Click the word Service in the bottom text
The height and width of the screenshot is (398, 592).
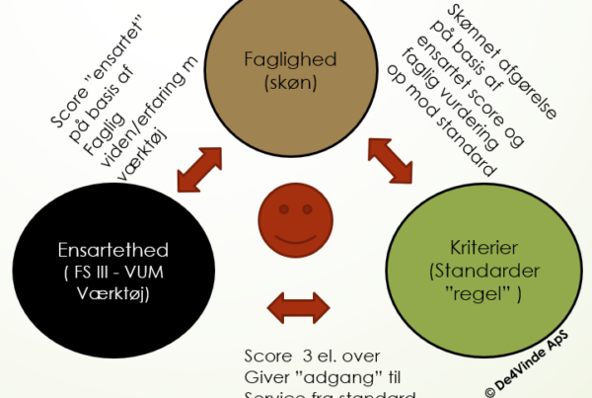(274, 394)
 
